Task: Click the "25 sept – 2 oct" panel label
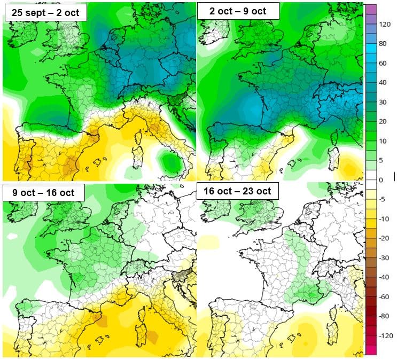click(46, 13)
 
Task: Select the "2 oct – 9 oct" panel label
click(238, 11)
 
